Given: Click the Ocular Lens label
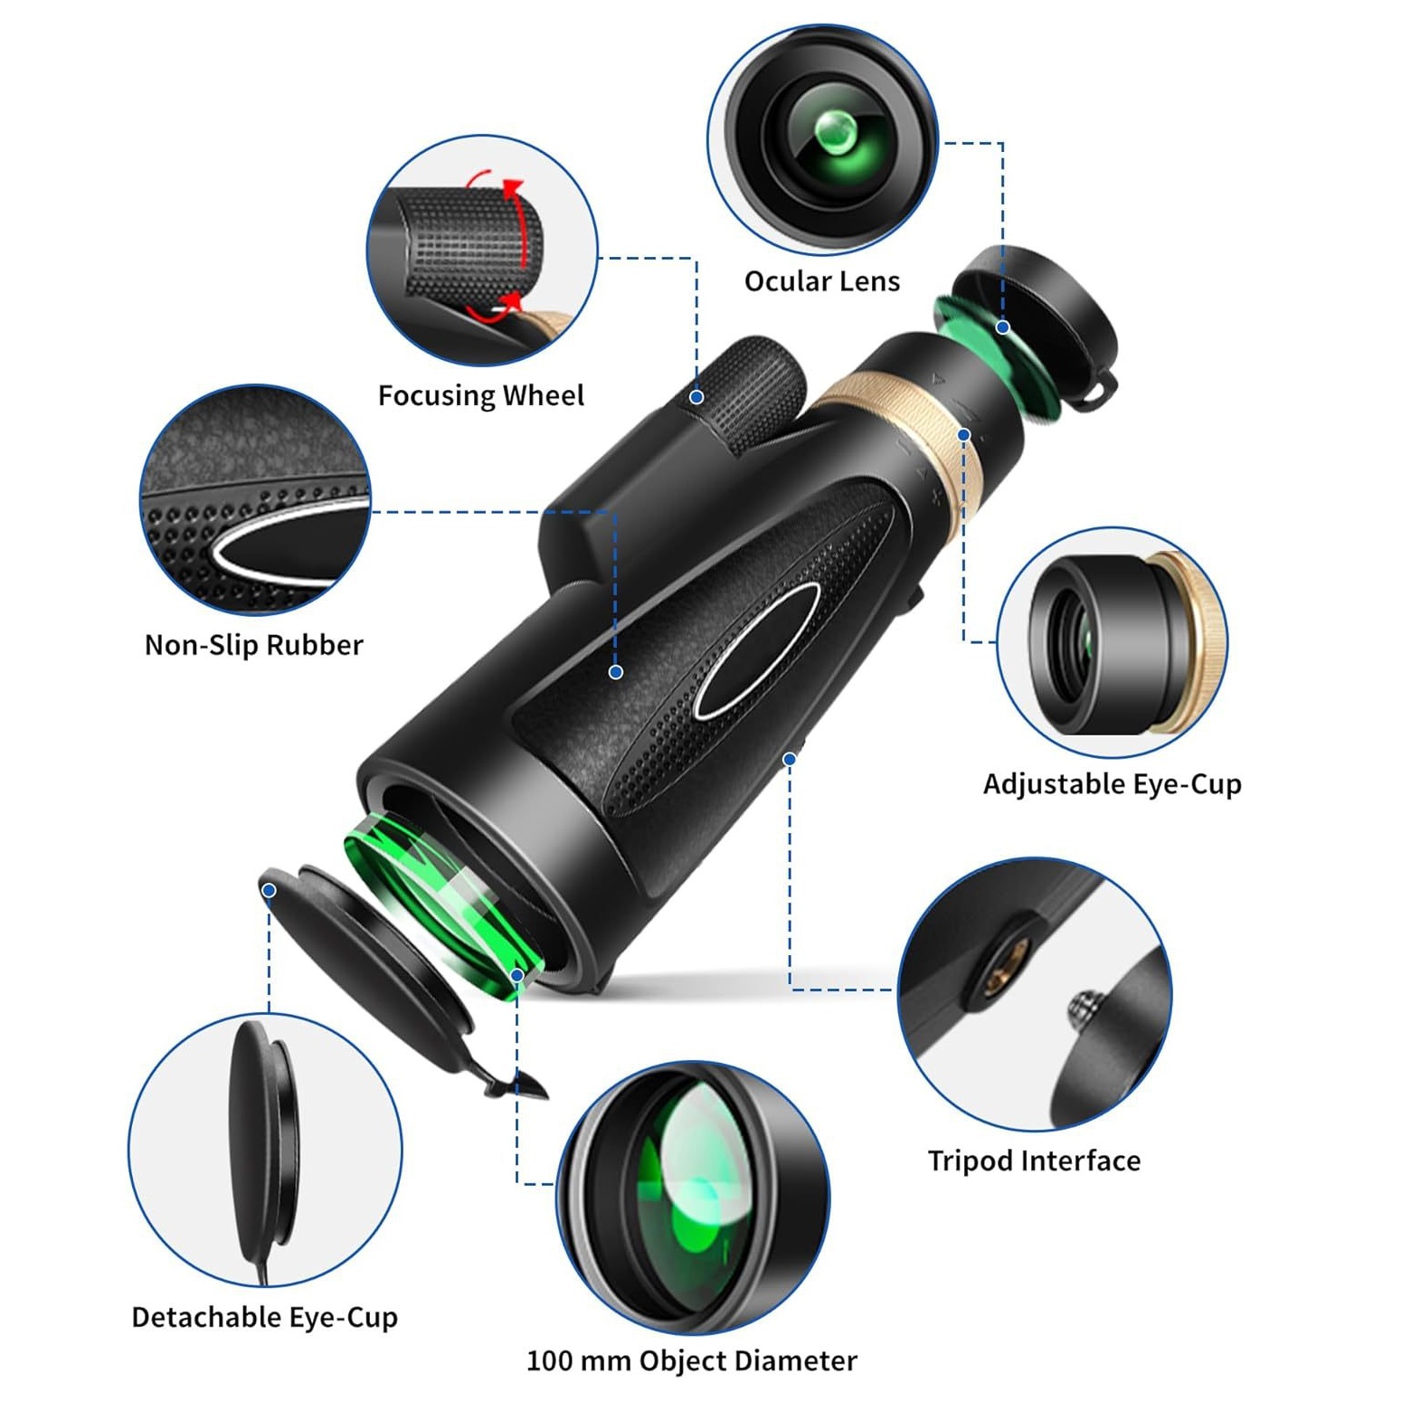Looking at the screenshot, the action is [821, 281].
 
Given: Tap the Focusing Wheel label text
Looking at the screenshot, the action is [481, 395].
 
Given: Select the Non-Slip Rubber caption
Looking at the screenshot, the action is [254, 645].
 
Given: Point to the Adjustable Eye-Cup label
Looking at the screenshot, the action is [1113, 783].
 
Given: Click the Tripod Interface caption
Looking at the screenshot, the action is [1034, 1160].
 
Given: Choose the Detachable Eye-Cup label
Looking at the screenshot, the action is [265, 1317].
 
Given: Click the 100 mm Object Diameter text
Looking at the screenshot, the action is [692, 1360].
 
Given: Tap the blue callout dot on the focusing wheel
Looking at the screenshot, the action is [696, 397].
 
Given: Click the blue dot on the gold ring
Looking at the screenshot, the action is [964, 435].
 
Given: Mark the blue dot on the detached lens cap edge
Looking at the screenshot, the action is [269, 891].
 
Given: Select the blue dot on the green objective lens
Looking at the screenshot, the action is [516, 975].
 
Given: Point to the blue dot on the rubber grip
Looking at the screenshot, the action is [616, 672].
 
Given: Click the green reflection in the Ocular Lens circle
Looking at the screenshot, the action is [836, 132].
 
